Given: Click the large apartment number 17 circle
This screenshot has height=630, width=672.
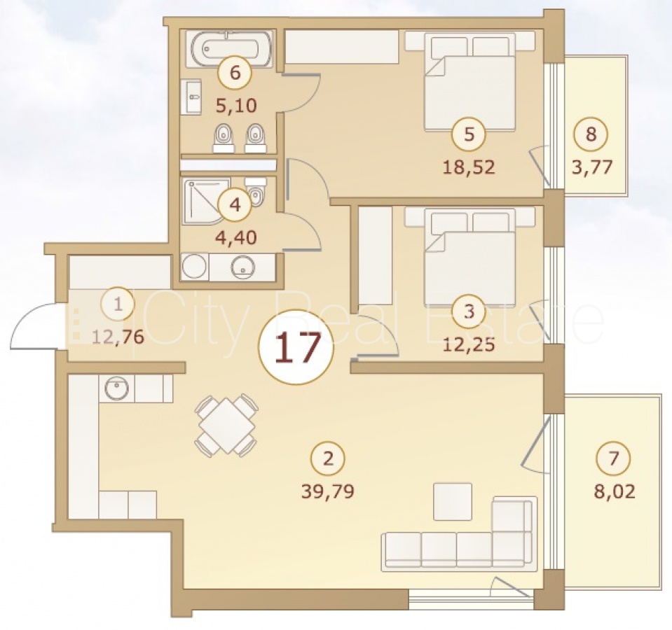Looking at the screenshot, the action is [296, 346].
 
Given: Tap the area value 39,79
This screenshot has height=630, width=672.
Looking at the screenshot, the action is [328, 492].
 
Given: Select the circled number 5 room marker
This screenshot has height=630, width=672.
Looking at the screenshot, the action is [469, 134].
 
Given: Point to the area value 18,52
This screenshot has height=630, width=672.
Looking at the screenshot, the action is [469, 167].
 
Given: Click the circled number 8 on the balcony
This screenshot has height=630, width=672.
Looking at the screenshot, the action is [591, 134].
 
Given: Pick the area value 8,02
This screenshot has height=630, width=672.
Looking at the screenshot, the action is [614, 492].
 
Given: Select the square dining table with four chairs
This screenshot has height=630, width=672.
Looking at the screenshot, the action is [226, 425].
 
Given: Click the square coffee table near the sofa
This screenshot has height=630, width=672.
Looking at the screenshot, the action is [453, 502].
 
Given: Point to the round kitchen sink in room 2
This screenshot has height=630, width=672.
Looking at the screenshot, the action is [116, 388].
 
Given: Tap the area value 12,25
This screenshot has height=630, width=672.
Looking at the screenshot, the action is [469, 344].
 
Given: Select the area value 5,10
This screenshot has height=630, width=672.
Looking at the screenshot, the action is [236, 105].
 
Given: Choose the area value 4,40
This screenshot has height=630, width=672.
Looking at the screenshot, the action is [236, 237].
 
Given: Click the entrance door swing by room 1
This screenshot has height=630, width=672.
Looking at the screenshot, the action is [34, 325].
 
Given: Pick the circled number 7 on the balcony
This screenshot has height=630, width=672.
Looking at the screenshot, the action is [614, 458].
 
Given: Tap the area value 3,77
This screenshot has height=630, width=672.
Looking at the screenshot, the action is [592, 167].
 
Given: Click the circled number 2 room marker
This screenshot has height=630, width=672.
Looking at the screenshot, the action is [328, 458].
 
